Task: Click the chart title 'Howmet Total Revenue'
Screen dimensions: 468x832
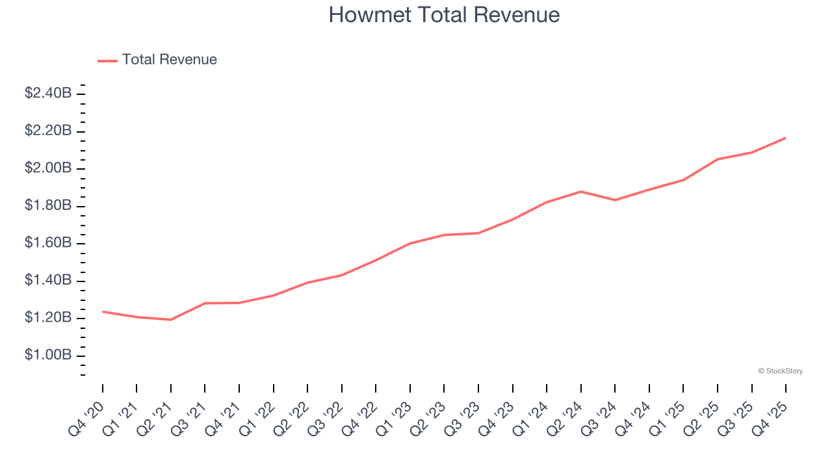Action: coord(444,15)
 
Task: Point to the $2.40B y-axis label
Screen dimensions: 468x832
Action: coord(48,94)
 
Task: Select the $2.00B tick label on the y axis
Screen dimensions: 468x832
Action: coord(48,168)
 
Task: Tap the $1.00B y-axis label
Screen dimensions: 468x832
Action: coord(48,356)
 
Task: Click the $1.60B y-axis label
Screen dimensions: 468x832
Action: coord(48,243)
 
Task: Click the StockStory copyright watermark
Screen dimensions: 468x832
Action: coord(780,371)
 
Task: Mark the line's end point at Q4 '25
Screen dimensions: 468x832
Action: coord(786,138)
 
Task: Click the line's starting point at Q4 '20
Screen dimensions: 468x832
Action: coord(103,311)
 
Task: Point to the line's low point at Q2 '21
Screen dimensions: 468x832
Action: coord(171,320)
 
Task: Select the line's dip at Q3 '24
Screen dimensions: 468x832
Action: coord(615,200)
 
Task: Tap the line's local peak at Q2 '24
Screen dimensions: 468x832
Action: coord(580,192)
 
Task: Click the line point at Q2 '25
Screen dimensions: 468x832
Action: coord(718,159)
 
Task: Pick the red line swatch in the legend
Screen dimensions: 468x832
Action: coord(107,60)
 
